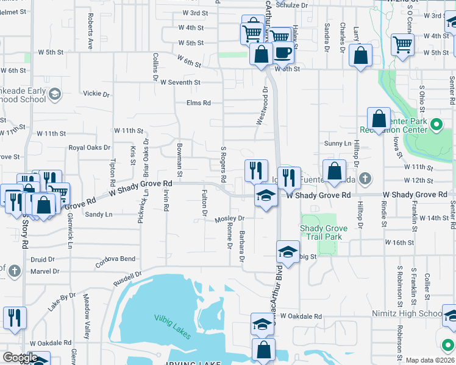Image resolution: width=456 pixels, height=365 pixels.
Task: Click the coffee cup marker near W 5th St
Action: pos(283,52)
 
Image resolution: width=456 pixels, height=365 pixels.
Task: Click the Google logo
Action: pos(20,357)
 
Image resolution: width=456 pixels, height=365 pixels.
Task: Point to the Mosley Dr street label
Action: pos(229,218)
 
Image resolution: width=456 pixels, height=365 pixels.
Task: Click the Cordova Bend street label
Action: pos(115,262)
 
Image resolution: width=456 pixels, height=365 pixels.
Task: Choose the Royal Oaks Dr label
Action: pos(89,147)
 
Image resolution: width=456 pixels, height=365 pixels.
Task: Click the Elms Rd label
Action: pos(199,103)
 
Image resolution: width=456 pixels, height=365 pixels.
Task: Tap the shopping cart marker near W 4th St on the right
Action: pos(403,44)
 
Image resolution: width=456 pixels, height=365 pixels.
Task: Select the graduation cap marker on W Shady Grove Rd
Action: pos(266,196)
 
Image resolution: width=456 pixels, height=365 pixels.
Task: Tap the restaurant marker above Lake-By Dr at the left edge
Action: pos(14,318)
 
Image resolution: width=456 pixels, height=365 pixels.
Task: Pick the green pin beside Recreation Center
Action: pos(436,126)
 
